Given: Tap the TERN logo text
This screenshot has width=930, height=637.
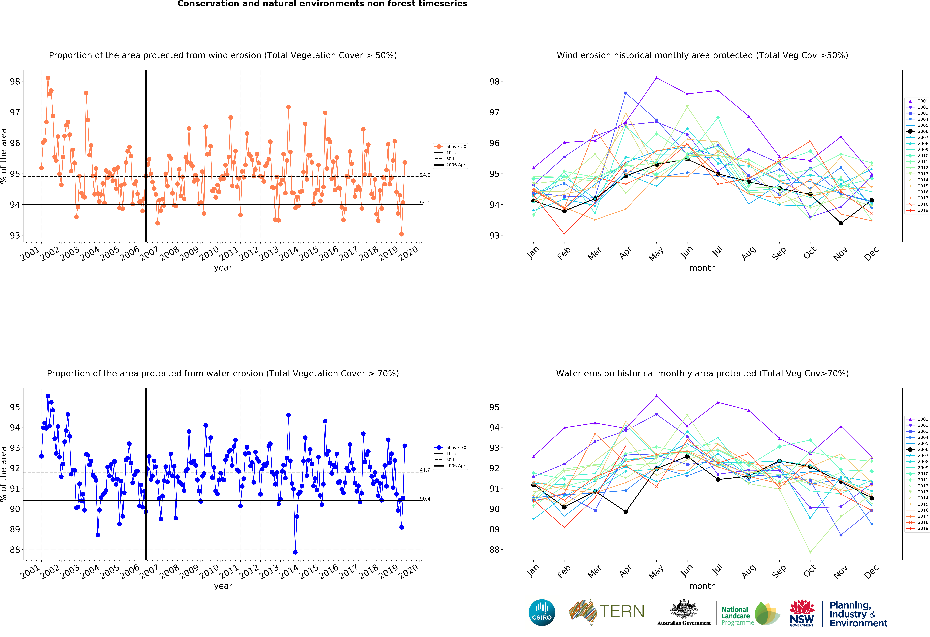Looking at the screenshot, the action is coord(622,611).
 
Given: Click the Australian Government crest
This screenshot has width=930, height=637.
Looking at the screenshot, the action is coord(684,609).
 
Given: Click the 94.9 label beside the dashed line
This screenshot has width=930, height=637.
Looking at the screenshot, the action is coord(425,175).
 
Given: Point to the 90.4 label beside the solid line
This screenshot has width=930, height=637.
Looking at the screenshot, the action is coord(425,499).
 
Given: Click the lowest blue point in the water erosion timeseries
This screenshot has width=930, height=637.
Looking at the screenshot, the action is coord(295,552).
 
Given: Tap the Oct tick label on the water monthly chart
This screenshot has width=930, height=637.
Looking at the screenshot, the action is coord(810,571).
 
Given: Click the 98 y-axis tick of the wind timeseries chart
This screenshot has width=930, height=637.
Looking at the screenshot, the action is coord(15,82).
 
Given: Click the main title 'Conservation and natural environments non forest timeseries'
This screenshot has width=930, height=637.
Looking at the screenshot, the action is coord(323,4).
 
